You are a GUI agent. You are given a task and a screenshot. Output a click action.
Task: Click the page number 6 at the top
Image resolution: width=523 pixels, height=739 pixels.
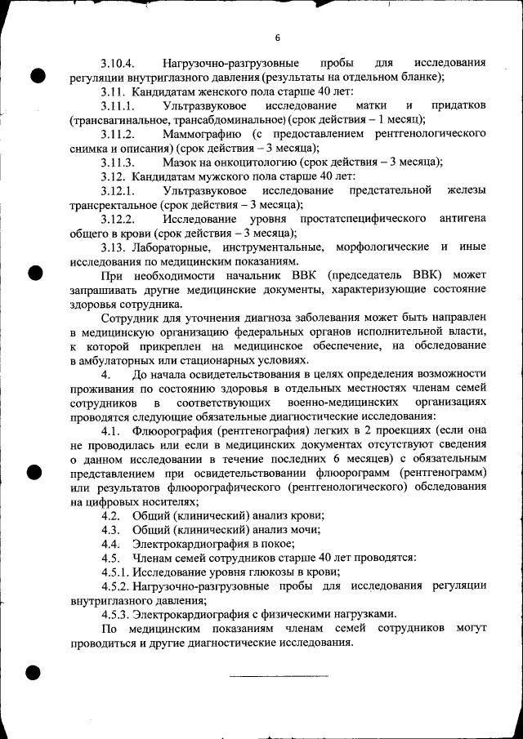277,38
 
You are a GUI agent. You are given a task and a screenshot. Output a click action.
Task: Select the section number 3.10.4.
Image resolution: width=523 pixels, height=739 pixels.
118,63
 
